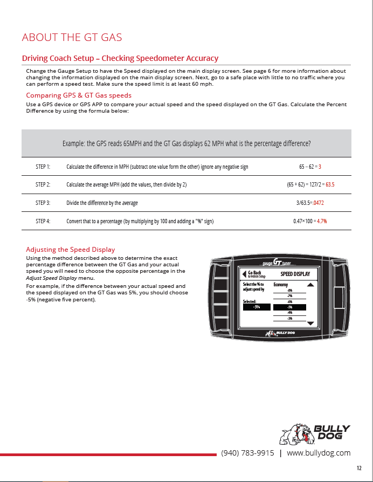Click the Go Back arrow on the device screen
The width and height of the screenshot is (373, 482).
click(x=244, y=274)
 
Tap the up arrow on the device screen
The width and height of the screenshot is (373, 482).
click(x=310, y=284)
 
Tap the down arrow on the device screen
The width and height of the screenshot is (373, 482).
click(x=310, y=323)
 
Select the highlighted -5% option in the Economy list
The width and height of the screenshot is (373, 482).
click(x=290, y=307)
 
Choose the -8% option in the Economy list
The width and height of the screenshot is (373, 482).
click(x=290, y=290)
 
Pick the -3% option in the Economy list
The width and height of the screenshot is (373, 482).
click(x=290, y=319)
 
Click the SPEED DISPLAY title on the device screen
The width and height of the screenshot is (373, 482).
click(x=295, y=274)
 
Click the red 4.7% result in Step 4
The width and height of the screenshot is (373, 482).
click(x=322, y=221)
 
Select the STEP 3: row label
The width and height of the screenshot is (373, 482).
click(x=43, y=203)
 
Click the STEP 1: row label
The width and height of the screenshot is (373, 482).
click(x=43, y=167)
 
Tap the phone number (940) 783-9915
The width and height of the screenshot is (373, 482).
click(x=247, y=453)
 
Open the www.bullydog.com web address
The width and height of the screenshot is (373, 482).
click(x=319, y=453)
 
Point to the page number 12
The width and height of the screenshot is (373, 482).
click(x=359, y=468)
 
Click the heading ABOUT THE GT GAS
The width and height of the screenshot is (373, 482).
click(x=72, y=37)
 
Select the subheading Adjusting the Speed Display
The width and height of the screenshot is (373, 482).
click(x=71, y=249)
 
